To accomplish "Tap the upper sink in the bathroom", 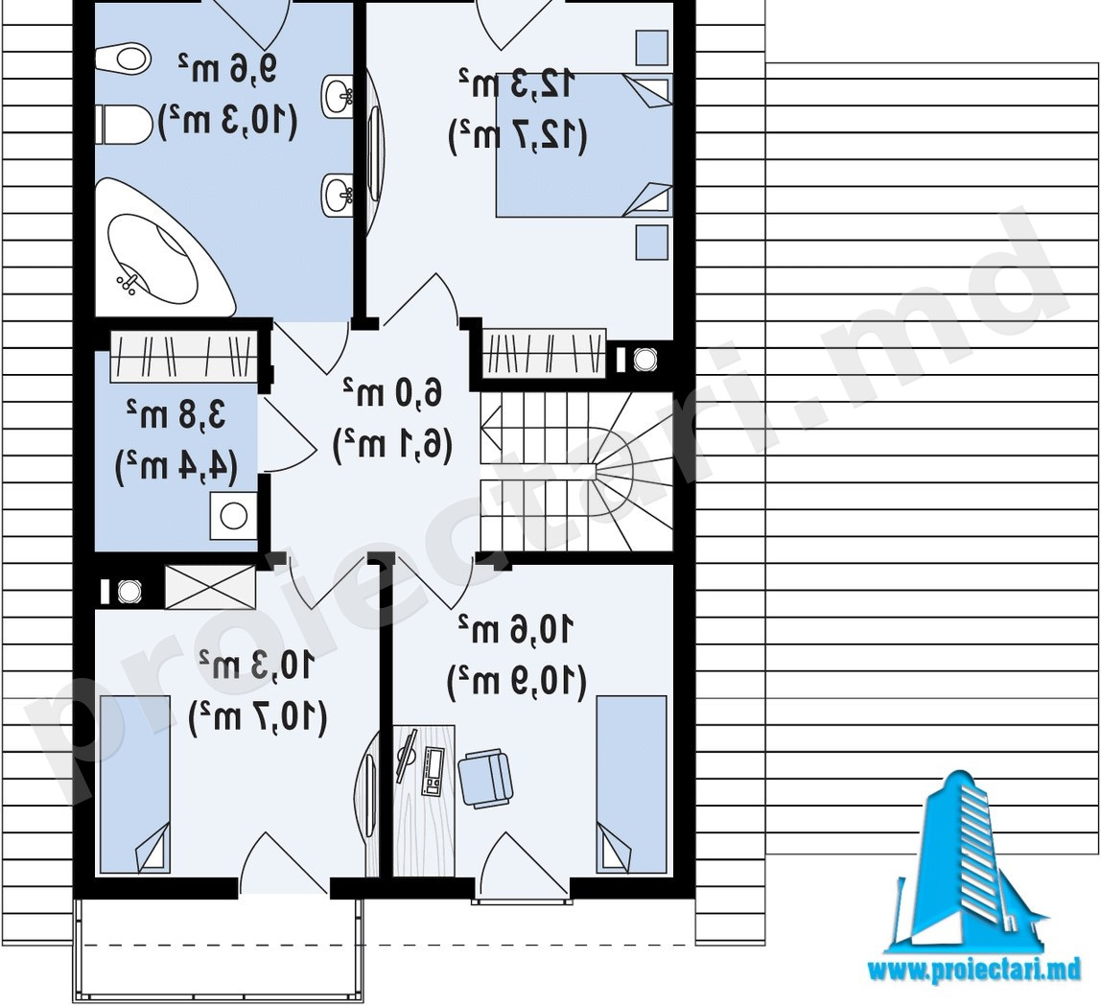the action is (338, 96).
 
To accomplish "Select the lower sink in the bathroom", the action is (338, 195).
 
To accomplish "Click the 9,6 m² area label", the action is (227, 68).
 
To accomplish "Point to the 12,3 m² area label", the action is (518, 83).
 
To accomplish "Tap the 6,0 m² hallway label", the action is (392, 391).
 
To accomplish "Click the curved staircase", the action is (575, 471).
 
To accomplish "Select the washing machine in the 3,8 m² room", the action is (233, 516).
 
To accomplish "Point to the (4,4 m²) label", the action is (176, 466).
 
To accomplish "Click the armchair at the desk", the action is (485, 776).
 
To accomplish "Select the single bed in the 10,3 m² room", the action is (135, 784).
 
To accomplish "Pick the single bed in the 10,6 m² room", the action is (631, 784).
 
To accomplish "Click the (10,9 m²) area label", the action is (516, 681).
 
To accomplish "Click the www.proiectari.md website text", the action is (974, 971).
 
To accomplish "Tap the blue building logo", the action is (973, 863).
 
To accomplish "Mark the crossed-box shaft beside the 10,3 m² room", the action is (210, 587).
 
